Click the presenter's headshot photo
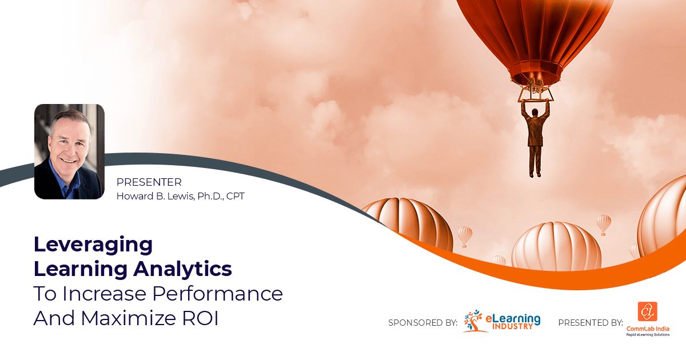(x=69, y=151)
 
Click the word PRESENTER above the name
(x=149, y=182)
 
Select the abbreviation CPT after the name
(x=236, y=196)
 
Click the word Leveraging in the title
(x=93, y=245)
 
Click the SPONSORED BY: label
(x=422, y=323)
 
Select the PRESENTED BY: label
(x=590, y=323)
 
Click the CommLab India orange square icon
(x=647, y=312)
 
